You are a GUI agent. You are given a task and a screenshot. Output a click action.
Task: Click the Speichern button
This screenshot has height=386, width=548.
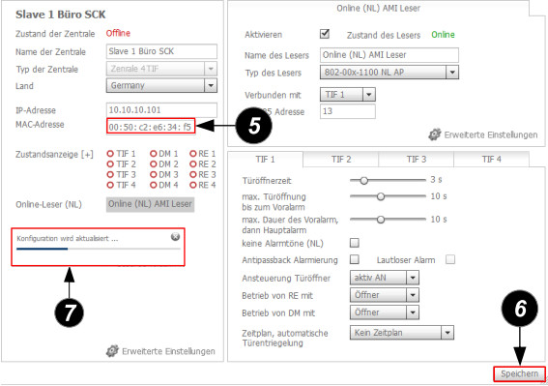(x=519, y=373)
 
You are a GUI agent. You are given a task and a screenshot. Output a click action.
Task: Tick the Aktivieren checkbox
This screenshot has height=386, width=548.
(x=325, y=34)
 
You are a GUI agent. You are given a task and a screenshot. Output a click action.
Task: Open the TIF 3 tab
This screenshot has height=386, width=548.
(x=417, y=160)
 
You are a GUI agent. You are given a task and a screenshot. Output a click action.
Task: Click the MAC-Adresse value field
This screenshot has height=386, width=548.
(x=151, y=127)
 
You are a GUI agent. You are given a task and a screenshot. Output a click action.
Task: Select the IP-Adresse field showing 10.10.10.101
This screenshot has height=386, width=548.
(x=161, y=110)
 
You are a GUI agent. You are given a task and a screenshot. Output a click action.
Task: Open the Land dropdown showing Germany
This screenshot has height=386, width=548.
(x=161, y=85)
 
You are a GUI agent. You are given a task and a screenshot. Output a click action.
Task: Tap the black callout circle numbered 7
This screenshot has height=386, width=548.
(x=69, y=312)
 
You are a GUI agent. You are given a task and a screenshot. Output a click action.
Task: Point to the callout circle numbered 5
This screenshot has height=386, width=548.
(x=254, y=126)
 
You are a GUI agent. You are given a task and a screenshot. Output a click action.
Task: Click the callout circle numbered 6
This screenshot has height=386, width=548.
(x=520, y=309)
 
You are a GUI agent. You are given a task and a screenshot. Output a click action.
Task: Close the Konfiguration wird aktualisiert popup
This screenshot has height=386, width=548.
(x=175, y=237)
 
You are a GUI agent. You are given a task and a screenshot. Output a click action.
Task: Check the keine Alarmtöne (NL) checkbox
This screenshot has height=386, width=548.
(x=355, y=243)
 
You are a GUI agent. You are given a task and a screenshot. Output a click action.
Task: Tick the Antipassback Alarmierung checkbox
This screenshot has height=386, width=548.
(x=355, y=259)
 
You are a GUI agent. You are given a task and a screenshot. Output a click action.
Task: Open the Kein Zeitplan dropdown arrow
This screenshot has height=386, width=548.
(x=447, y=333)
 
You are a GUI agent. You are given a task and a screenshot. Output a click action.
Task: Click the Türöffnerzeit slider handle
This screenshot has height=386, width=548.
(x=363, y=181)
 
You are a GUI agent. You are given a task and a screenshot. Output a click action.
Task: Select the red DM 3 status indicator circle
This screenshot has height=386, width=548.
(x=153, y=174)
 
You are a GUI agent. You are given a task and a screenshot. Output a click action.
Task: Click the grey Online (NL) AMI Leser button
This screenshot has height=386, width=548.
(x=150, y=204)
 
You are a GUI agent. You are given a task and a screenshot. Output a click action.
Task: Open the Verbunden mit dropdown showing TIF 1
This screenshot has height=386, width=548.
(x=348, y=95)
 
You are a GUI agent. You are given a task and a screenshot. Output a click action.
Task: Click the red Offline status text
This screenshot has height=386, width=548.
(x=118, y=33)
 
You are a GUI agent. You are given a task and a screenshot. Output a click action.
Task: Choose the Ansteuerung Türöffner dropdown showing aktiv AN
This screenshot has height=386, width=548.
(x=384, y=278)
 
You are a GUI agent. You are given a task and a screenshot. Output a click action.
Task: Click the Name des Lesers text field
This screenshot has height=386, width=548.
(x=389, y=55)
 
